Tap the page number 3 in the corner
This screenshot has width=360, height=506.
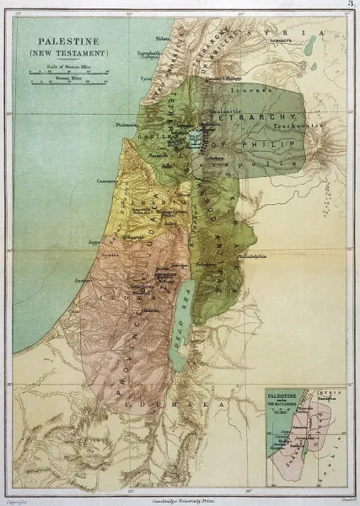pos(349,6)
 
